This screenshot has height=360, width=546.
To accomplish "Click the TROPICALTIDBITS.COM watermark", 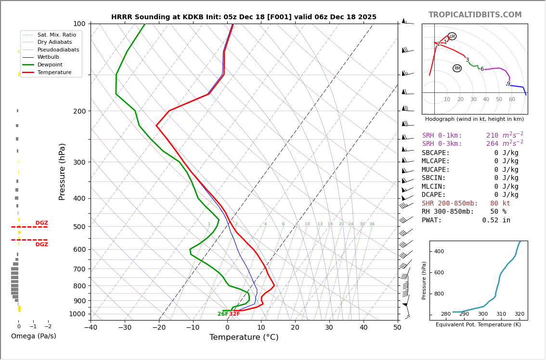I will (475, 15).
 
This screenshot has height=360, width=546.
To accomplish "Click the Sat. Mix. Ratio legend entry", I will (56, 35).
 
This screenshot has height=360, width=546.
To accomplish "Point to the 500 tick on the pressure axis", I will (79, 227).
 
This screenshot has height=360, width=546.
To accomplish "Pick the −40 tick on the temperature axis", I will (91, 328).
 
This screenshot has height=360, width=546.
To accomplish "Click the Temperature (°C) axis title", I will (244, 337).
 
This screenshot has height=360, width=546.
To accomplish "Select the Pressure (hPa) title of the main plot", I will (62, 171).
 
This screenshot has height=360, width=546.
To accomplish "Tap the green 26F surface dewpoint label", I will (223, 314).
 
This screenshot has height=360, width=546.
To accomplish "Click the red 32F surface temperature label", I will (234, 314).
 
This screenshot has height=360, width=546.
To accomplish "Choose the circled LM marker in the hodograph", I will (452, 37).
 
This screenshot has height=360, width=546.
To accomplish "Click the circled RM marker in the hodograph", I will (457, 68).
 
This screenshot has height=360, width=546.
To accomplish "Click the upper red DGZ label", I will (42, 223).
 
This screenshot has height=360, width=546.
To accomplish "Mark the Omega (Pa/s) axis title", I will (33, 336).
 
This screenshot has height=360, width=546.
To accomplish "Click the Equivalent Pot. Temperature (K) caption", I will (478, 325).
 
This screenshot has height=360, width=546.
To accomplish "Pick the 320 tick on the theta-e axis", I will (519, 314).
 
